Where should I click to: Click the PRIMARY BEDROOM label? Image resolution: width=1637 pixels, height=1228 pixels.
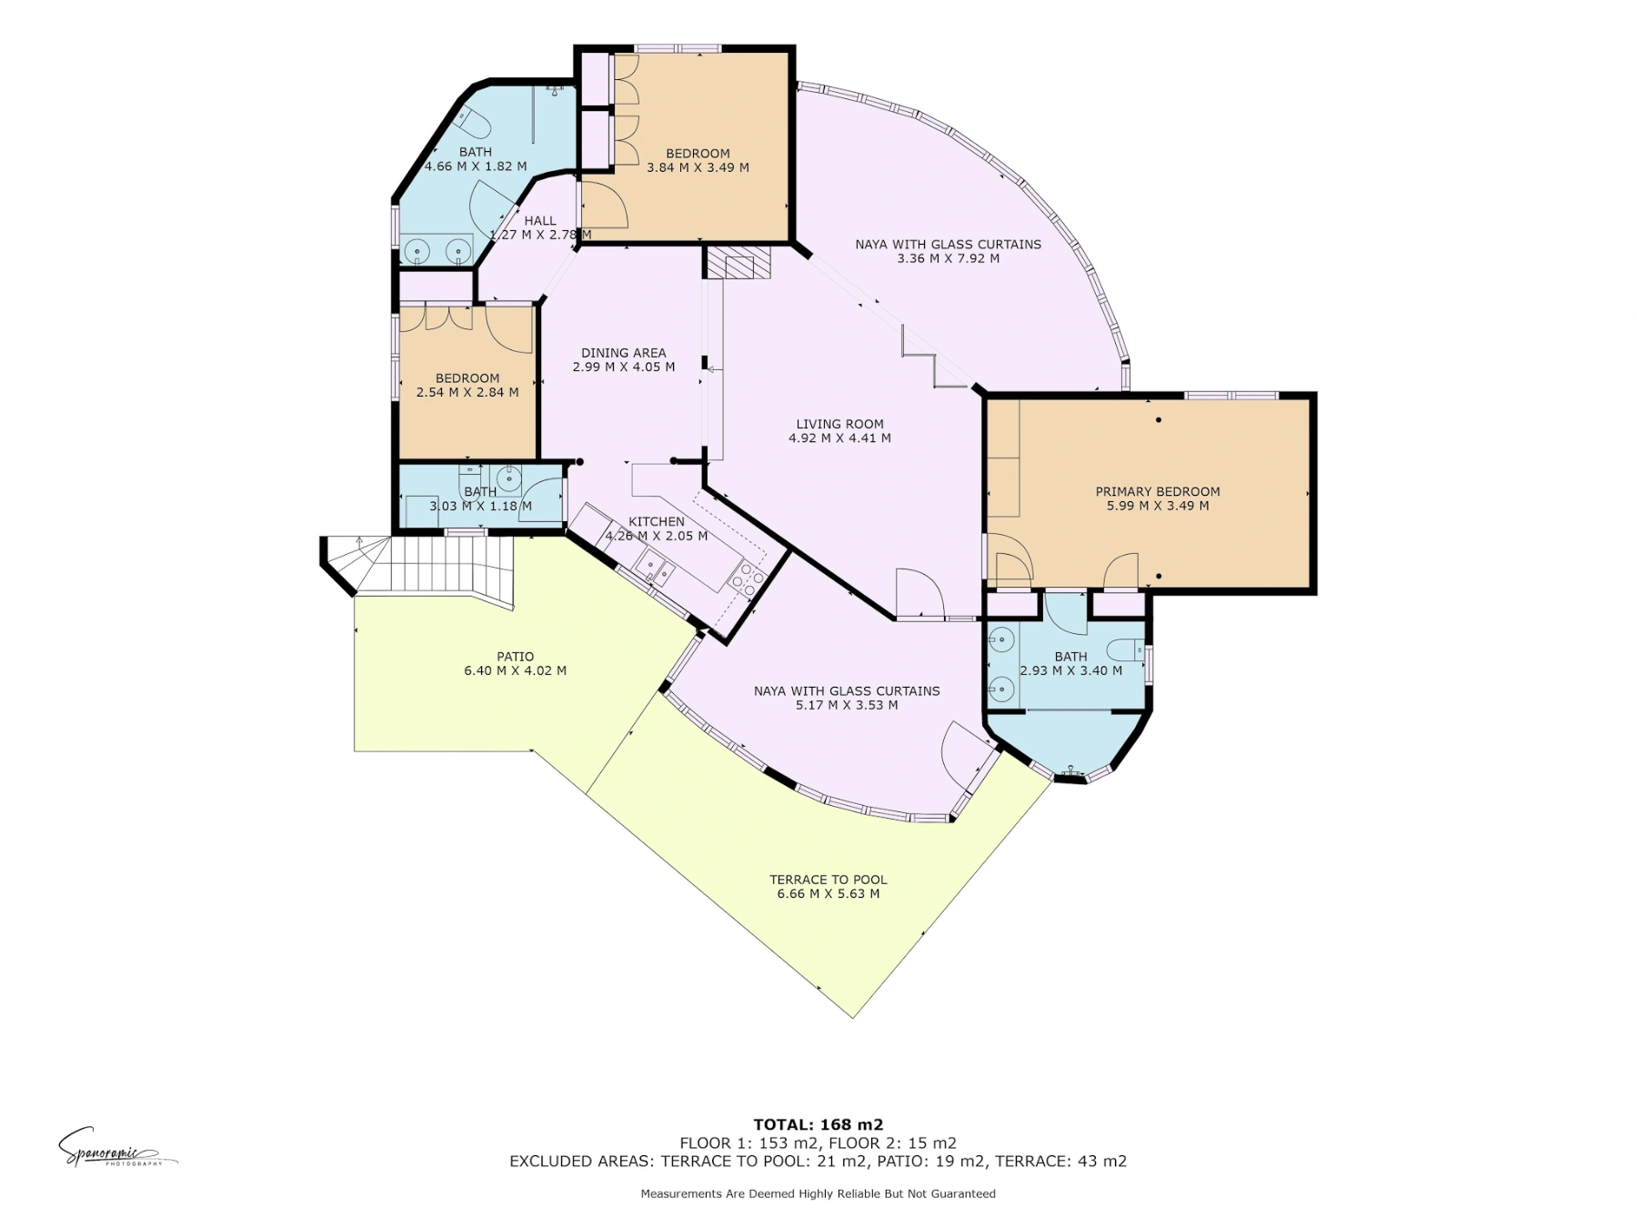click(1158, 491)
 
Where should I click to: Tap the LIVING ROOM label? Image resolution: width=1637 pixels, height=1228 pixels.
click(839, 424)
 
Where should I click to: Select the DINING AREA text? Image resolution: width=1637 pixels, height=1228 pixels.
click(624, 353)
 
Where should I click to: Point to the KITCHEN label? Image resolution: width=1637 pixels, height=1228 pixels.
click(657, 521)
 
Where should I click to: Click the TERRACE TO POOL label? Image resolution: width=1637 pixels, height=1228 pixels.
click(829, 880)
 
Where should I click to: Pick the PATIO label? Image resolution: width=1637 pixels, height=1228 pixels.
click(516, 657)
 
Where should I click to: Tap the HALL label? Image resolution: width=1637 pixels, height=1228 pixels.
click(540, 221)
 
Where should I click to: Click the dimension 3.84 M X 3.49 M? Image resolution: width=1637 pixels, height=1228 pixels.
click(698, 167)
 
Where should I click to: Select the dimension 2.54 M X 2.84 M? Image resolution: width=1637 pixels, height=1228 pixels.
click(467, 393)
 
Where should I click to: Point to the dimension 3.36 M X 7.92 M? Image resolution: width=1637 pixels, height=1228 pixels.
click(949, 258)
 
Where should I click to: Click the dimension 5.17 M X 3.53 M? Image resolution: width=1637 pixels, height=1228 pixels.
click(847, 705)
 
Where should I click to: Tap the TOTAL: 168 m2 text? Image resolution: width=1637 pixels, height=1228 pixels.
click(818, 1125)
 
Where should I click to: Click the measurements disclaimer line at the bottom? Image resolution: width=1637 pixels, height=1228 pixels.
click(818, 1193)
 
